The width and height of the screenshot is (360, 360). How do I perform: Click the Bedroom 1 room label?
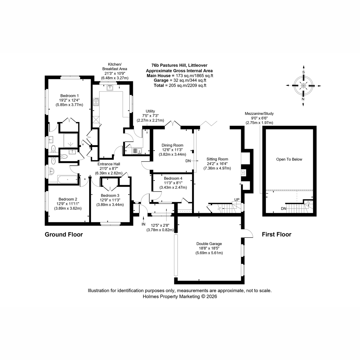pos(69,96)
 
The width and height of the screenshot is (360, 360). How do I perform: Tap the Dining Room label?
pos(172,145)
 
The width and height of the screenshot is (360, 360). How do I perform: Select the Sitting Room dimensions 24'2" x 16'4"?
pos(217,164)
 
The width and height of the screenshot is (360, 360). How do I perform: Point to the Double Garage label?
pos(209,244)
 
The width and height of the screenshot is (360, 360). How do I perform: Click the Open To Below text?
pos(289,159)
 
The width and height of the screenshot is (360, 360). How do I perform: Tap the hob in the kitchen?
pos(96,102)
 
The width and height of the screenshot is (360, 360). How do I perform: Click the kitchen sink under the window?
pos(110,87)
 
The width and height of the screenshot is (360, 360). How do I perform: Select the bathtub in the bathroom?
pos(67,179)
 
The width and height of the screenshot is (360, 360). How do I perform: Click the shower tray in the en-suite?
pos(70,140)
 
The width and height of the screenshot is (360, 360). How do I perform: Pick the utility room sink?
pos(138,150)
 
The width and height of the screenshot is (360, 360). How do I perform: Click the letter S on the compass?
pos(303,72)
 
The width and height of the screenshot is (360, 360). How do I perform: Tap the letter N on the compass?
pos(303,99)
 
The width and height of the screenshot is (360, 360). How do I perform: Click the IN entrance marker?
pos(143,224)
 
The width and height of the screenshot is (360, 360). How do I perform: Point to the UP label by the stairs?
pos(237,199)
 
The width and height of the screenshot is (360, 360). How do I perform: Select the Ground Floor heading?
pos(64,235)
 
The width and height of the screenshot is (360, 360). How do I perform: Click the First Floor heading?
pos(277,235)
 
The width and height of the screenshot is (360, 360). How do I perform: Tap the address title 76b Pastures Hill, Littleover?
pos(179,65)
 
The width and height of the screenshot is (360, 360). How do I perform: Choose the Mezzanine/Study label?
pos(259,113)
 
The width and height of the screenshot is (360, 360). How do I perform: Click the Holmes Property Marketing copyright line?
pos(180,296)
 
